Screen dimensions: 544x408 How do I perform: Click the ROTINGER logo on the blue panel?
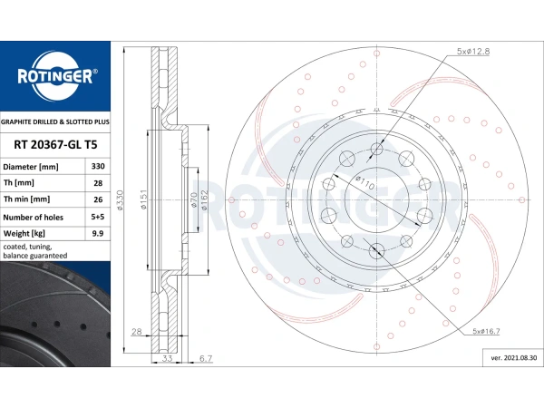56,76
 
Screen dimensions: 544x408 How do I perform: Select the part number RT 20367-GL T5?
55,145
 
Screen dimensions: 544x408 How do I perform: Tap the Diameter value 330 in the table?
98,166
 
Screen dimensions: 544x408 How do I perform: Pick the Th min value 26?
98,199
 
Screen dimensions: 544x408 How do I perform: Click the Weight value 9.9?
98,234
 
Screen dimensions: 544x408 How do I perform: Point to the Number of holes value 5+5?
98,217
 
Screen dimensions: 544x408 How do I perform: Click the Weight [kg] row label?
24,234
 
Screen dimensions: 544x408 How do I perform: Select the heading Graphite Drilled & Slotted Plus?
54,122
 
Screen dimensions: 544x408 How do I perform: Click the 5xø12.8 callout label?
473,52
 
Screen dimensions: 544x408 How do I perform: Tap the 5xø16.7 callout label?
486,331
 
